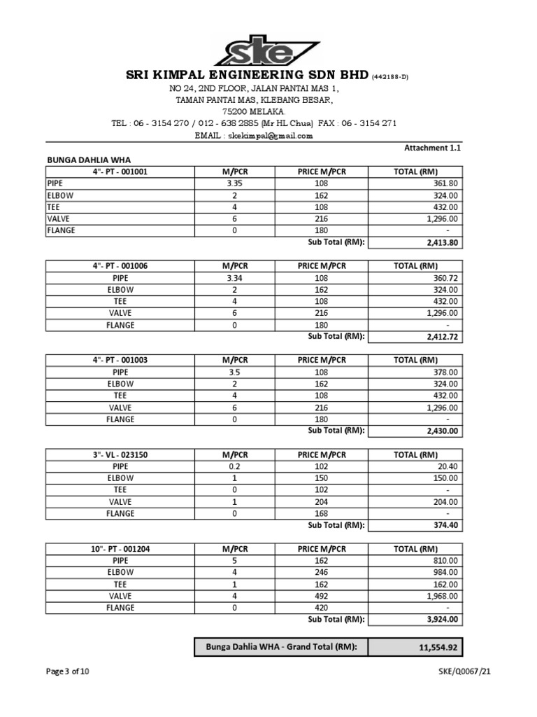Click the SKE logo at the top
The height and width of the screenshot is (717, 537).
(x=268, y=51)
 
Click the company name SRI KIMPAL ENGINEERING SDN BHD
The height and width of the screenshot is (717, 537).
(x=246, y=75)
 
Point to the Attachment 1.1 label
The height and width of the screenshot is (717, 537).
(x=433, y=148)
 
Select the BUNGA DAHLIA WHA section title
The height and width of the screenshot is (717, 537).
(x=89, y=160)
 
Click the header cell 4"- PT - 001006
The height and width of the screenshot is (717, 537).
(x=120, y=265)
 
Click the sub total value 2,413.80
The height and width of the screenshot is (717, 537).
(x=441, y=242)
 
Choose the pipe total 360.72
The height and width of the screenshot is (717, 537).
(x=444, y=278)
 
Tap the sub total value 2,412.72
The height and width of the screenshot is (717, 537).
(x=441, y=337)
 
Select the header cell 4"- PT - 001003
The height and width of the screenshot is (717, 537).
(x=120, y=360)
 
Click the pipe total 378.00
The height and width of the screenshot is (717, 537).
(x=444, y=373)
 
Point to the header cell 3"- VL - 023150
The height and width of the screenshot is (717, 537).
(x=120, y=454)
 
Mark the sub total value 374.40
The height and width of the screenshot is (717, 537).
(x=445, y=526)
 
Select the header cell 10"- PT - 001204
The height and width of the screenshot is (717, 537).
(x=120, y=549)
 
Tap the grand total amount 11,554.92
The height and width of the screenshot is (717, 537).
(x=438, y=648)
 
